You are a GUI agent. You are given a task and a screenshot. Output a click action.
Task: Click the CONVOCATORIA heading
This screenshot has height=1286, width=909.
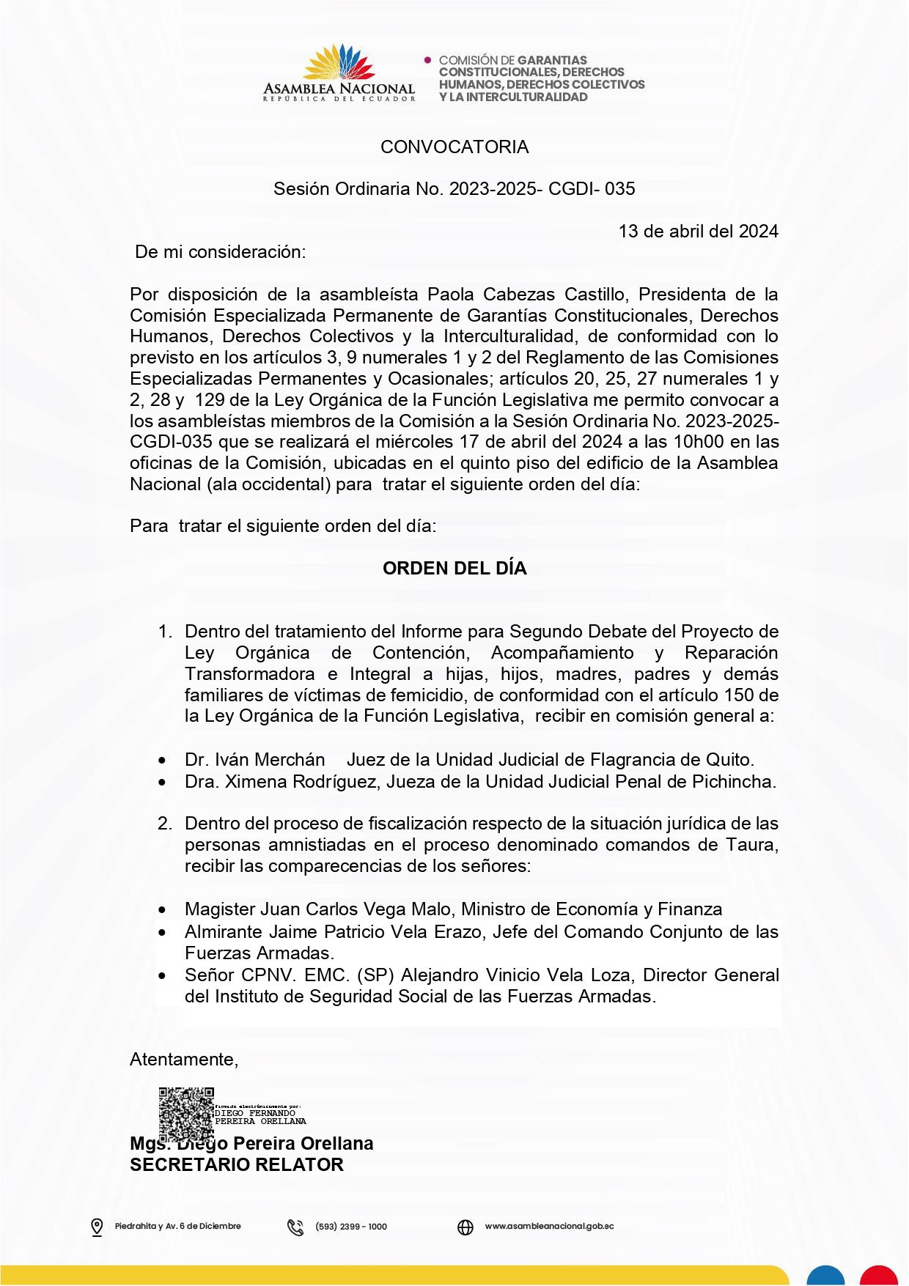(454, 147)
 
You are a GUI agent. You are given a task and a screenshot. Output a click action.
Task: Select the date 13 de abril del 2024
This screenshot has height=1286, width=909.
(698, 232)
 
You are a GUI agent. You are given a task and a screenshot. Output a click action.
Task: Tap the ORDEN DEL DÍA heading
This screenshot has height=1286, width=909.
(454, 569)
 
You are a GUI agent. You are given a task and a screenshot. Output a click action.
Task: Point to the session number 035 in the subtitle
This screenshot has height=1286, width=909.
(620, 189)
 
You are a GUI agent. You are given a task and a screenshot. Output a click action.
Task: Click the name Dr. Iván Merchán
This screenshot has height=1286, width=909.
(254, 760)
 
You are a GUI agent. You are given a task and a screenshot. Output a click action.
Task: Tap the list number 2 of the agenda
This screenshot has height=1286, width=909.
(164, 824)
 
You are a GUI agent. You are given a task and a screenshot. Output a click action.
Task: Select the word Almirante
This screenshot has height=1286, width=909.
(224, 932)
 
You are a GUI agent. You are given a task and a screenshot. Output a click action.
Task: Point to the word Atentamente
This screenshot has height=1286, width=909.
(183, 1060)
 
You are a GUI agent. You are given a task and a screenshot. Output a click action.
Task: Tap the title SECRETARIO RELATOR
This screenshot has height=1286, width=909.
(236, 1165)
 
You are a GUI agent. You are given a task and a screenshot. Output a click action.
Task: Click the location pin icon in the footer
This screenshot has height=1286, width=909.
(97, 1227)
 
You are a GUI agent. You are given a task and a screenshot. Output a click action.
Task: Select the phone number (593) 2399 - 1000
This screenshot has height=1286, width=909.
(351, 1227)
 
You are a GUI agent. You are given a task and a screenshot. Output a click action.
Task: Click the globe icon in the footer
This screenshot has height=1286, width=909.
(465, 1227)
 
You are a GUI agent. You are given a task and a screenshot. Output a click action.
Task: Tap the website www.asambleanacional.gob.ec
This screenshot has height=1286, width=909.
(549, 1227)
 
